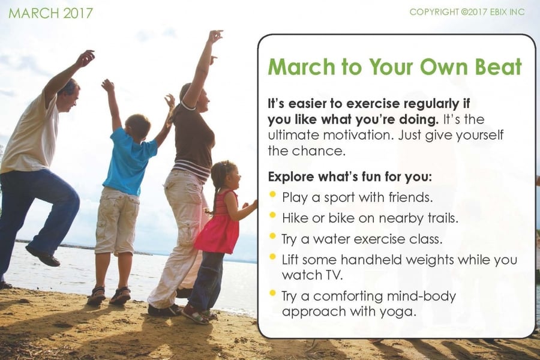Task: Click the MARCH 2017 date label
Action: coord(50,13)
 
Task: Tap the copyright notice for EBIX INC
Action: coord(467,12)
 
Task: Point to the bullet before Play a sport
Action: coord(273,194)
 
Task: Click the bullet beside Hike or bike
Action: coord(273,215)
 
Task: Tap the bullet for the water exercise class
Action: coord(273,236)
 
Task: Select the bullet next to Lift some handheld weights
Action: coord(273,257)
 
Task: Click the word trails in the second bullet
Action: coord(443,218)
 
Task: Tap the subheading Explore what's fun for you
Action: coord(350,177)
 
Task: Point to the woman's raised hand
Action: coord(215,36)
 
